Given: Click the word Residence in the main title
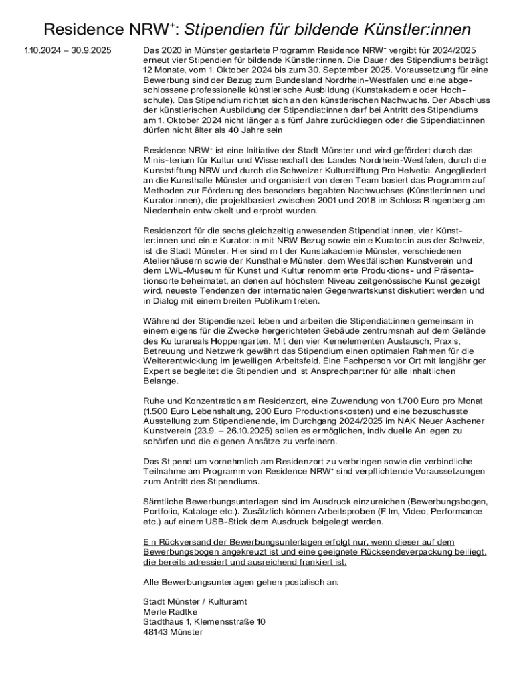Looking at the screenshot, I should pos(82,29).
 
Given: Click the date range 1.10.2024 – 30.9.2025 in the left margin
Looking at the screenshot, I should pos(68,51).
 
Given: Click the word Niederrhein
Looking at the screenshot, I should pos(171,211).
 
